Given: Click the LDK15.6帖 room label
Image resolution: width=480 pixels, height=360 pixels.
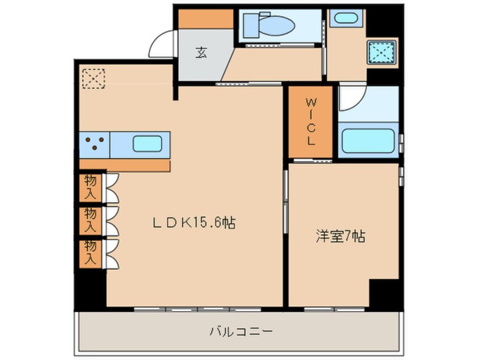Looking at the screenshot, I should (x=195, y=223).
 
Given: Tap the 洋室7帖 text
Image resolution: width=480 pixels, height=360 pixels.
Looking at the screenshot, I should (x=340, y=237).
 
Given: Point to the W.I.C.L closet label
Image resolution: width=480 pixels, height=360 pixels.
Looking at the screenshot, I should (x=310, y=122).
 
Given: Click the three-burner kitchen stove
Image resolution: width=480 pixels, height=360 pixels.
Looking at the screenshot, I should (x=94, y=144).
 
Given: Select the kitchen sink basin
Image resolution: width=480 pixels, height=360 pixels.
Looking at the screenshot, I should (x=147, y=144).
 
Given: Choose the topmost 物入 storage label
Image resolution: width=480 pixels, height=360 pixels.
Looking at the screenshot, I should (x=91, y=186).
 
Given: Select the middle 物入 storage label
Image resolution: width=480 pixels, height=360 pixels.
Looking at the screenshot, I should (x=91, y=219).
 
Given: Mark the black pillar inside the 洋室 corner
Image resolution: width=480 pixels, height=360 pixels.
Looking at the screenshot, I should (x=384, y=292).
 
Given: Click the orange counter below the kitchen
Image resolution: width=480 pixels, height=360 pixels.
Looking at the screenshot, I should (x=124, y=166).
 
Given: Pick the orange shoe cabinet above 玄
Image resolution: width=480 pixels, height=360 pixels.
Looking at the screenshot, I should (x=206, y=19).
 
